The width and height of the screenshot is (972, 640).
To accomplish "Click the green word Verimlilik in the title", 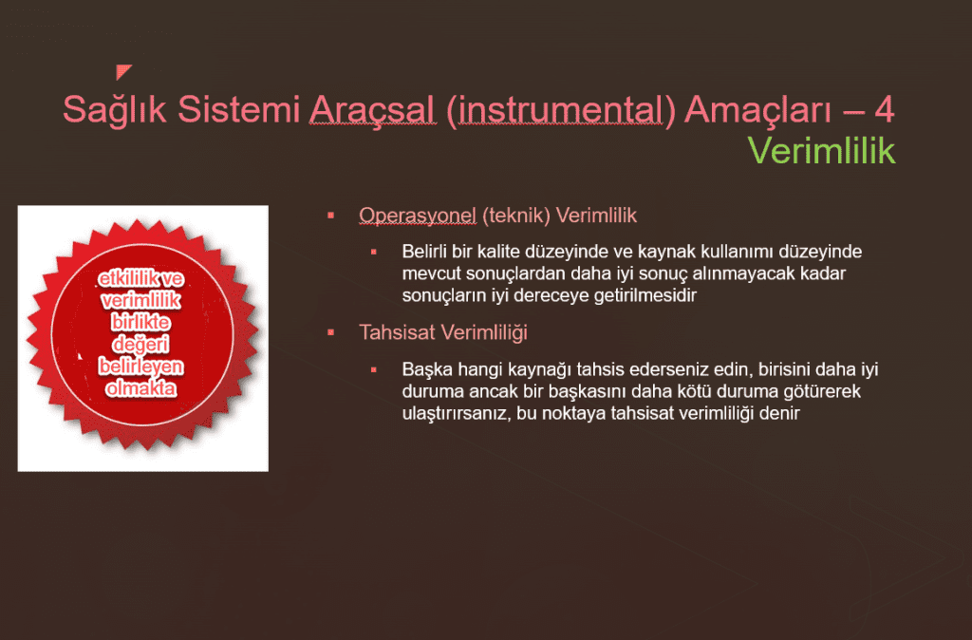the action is (x=822, y=150).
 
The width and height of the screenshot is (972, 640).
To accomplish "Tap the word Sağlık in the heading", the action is (x=115, y=111).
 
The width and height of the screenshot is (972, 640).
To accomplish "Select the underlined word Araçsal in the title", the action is (x=371, y=110).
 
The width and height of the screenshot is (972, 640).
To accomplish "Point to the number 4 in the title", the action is (x=884, y=110).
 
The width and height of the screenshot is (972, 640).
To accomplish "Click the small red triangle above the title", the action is (x=122, y=71).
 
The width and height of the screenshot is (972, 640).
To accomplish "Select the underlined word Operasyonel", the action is (x=418, y=216).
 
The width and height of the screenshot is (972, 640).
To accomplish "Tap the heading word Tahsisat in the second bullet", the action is (x=398, y=332).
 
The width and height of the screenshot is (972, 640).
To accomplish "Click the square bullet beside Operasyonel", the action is (x=331, y=216).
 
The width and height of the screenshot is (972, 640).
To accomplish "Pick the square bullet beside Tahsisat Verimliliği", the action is (x=331, y=332).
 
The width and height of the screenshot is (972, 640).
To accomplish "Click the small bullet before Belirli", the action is (x=374, y=252).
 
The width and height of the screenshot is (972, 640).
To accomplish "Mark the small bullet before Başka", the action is (x=374, y=369).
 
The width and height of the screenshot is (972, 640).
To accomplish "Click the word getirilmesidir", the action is (x=645, y=295).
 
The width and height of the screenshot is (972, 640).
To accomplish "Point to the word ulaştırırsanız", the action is (x=455, y=414).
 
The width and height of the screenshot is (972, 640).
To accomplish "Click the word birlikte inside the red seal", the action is (x=140, y=323).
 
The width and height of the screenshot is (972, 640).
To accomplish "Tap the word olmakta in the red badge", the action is (x=140, y=388).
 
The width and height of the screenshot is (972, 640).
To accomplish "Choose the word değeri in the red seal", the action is (x=140, y=345).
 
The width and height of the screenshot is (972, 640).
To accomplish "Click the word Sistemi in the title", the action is (x=238, y=110).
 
